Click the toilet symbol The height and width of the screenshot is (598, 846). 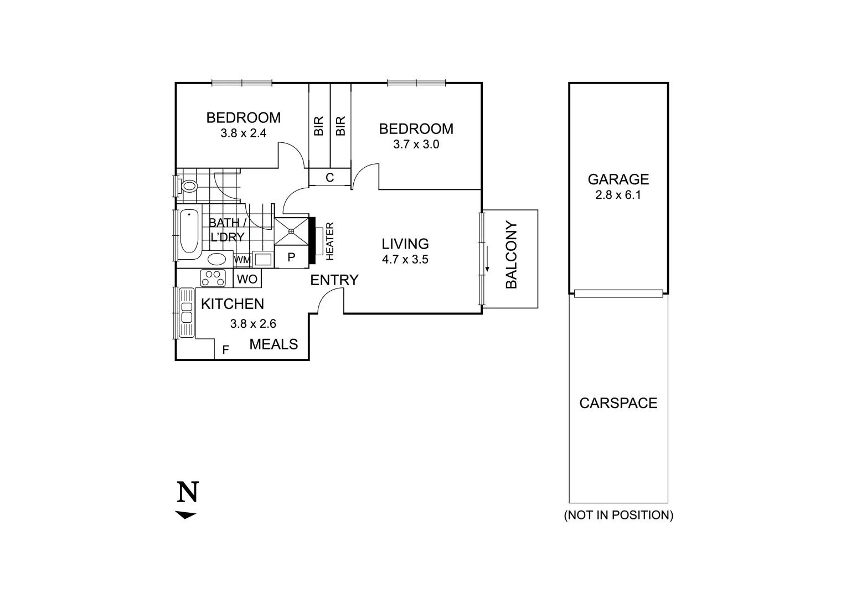click(x=189, y=185)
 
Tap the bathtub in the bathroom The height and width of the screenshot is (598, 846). click(x=189, y=233)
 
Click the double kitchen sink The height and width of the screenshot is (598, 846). click(x=187, y=313)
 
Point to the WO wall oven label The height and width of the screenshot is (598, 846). click(x=247, y=280)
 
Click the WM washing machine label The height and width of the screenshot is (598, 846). click(x=242, y=260)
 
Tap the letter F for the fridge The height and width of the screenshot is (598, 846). click(x=225, y=350)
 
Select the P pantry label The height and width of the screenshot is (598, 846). click(x=291, y=257)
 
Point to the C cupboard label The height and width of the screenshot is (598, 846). click(x=330, y=178)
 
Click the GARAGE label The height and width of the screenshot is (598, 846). click(x=618, y=179)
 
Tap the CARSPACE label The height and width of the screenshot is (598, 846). click(x=618, y=403)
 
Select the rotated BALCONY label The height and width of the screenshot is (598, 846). click(x=512, y=255)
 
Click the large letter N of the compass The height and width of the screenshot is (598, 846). click(x=188, y=492)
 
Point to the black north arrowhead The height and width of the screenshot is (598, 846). click(x=185, y=515)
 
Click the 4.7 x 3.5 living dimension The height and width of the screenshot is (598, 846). click(x=405, y=259)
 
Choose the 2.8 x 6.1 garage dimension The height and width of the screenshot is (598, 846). click(x=618, y=195)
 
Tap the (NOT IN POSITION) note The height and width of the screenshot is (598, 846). click(x=618, y=515)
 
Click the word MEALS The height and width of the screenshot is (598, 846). click(x=274, y=344)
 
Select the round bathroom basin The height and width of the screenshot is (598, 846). click(x=216, y=259)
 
